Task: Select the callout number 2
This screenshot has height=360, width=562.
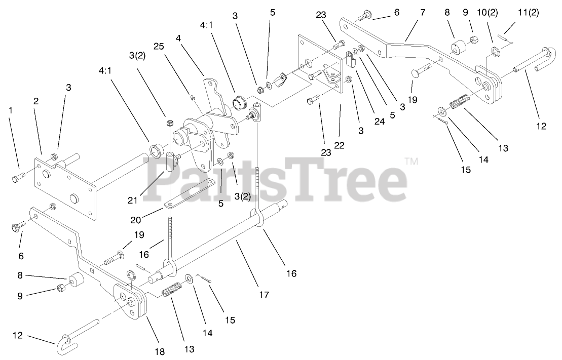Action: point(36,101)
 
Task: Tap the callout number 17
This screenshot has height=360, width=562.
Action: point(264,294)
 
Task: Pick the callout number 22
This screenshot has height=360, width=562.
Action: point(339,145)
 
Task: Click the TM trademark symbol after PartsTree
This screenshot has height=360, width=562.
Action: point(411,162)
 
